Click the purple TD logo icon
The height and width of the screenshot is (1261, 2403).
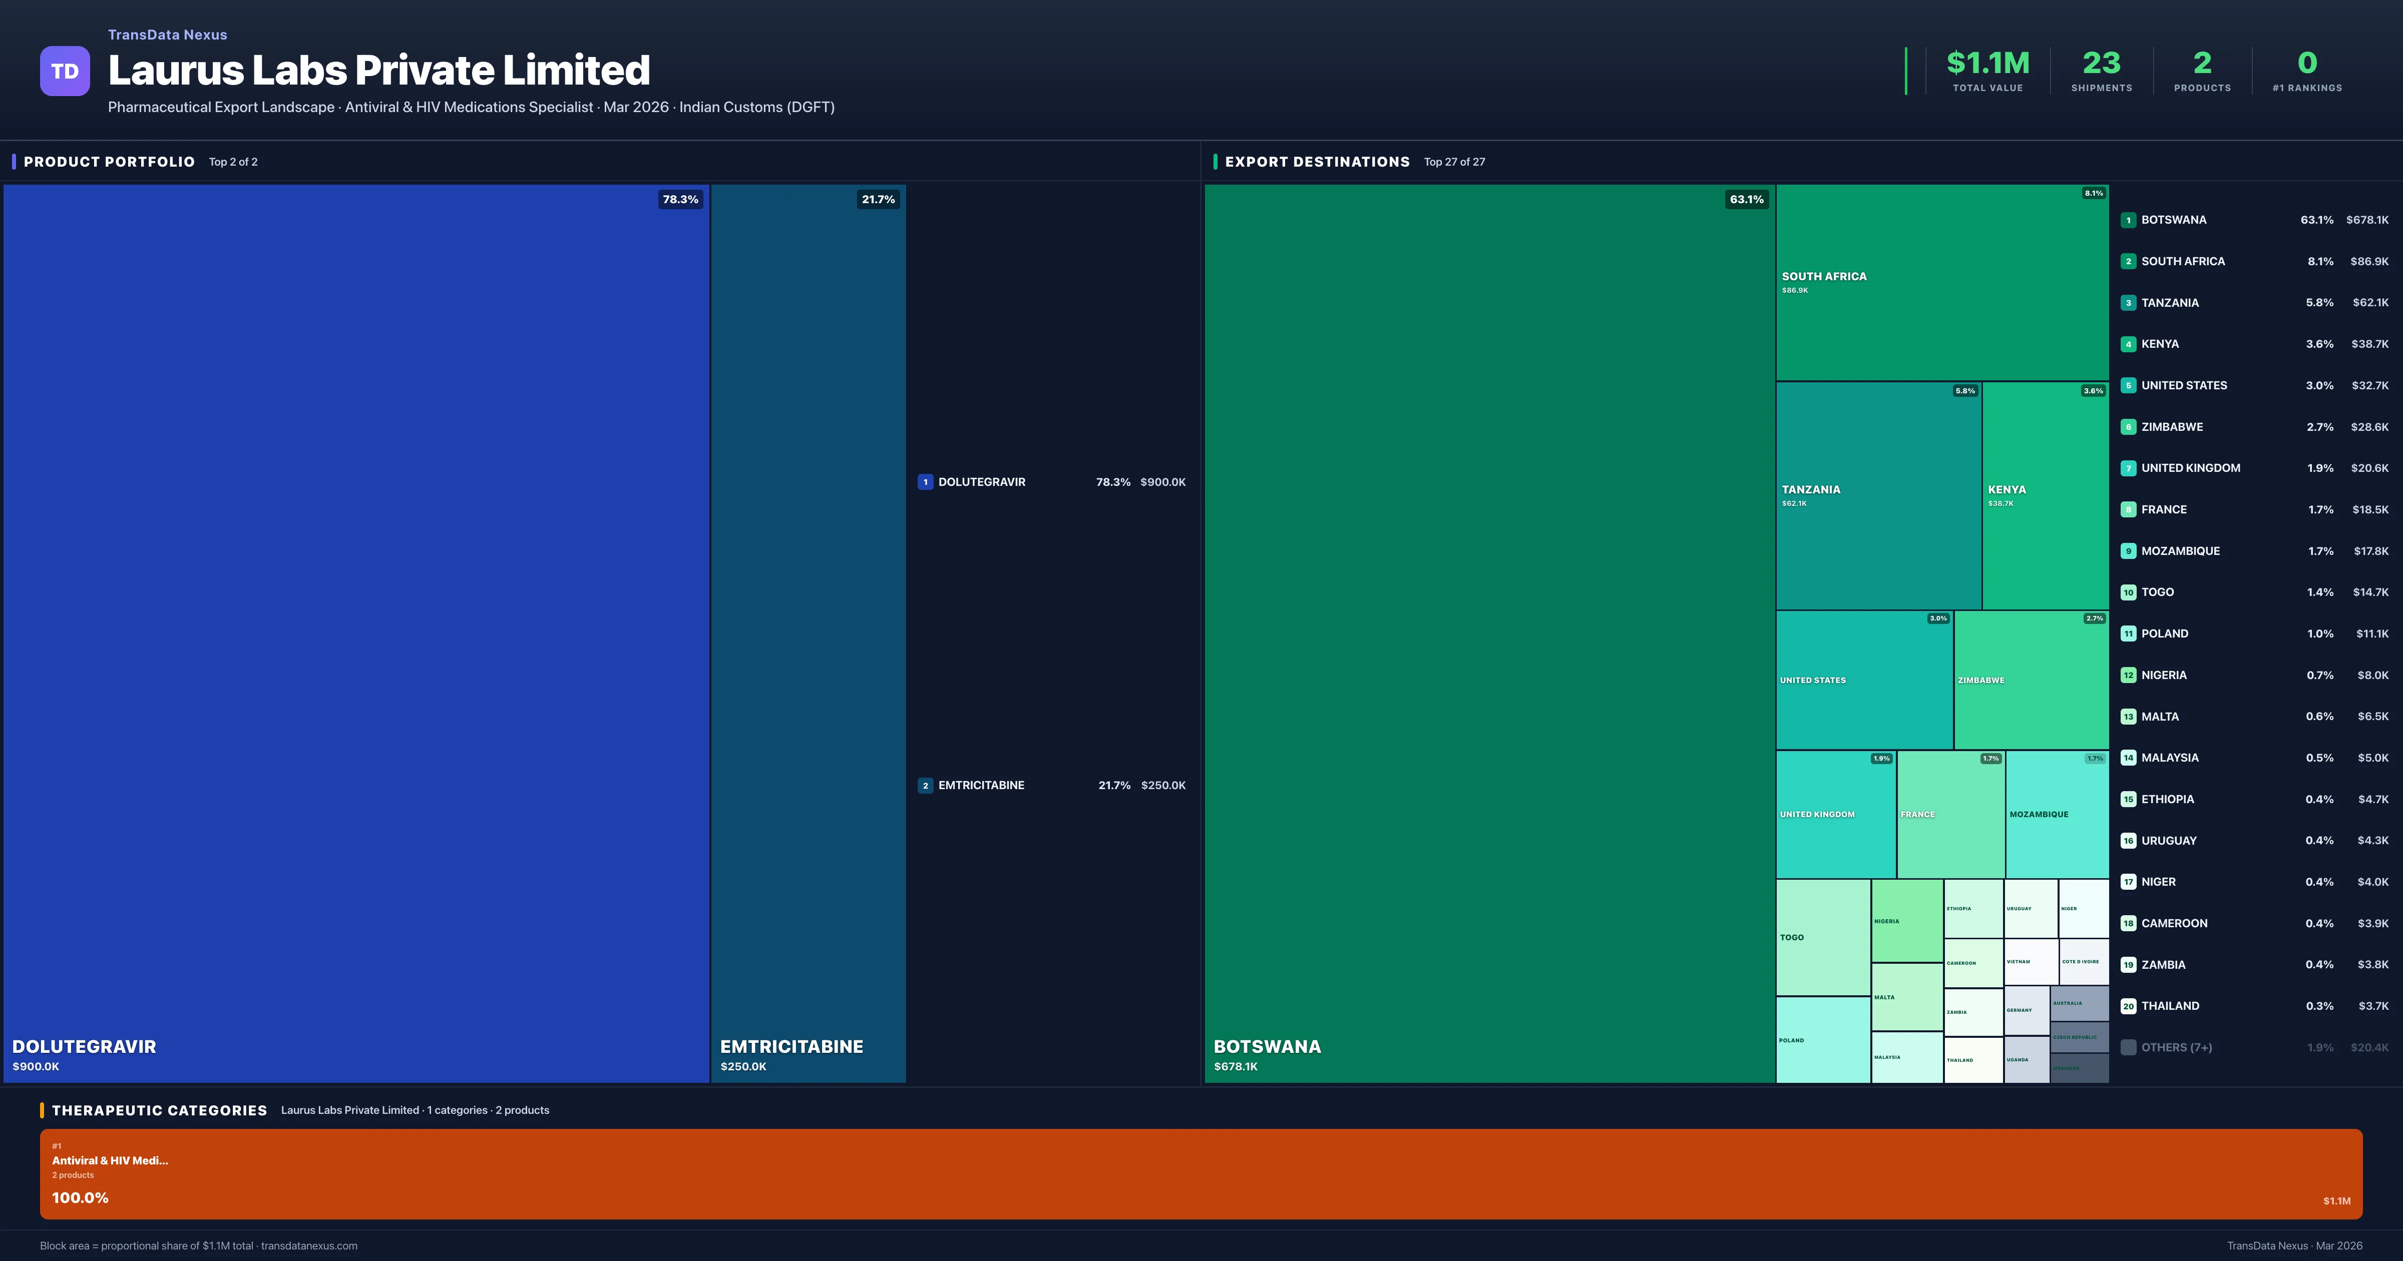point(65,71)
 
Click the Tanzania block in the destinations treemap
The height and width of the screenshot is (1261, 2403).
point(1878,495)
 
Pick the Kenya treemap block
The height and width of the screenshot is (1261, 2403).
point(2045,495)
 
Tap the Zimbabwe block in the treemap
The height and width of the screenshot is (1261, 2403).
point(2031,680)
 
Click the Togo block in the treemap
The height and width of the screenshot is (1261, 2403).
point(1823,937)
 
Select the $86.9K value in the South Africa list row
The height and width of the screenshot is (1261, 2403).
point(2368,261)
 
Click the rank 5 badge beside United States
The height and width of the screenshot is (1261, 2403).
point(2128,385)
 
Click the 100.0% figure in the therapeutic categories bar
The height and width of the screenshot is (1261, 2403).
point(80,1197)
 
